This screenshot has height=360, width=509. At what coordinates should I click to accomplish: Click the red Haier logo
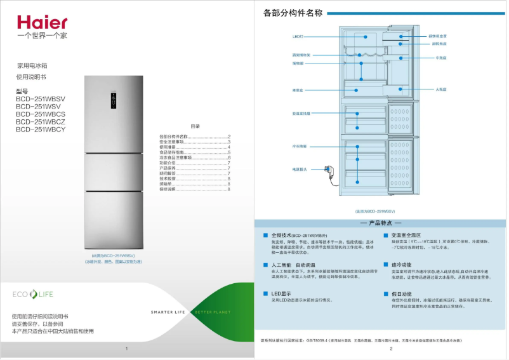[41, 23]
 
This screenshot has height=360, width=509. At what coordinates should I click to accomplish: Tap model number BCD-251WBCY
[41, 130]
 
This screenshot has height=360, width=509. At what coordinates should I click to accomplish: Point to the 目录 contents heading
[195, 126]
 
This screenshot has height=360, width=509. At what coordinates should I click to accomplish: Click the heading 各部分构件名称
[293, 13]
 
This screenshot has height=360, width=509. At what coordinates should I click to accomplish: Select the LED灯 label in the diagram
[296, 37]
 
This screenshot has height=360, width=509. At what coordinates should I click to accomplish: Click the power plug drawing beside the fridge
[330, 170]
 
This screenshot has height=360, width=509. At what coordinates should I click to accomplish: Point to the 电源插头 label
[300, 170]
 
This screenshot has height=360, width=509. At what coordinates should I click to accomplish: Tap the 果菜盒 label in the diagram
[297, 90]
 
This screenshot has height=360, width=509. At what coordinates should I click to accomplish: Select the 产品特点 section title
[381, 223]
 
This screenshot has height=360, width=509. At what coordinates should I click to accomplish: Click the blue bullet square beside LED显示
[266, 294]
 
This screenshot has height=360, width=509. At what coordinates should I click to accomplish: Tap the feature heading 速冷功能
[401, 264]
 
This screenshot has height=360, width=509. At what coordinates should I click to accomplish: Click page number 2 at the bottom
[391, 349]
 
